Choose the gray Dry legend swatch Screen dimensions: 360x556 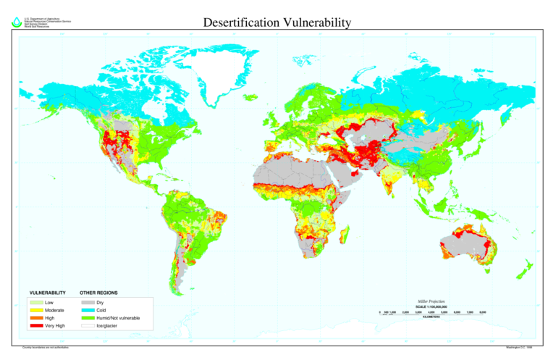pos(88,302)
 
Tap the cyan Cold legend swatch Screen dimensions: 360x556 pos(88,310)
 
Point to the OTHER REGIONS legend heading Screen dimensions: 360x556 pos(99,293)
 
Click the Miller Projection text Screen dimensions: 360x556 pos(431,301)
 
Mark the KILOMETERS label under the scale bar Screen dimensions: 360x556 pos(431,317)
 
